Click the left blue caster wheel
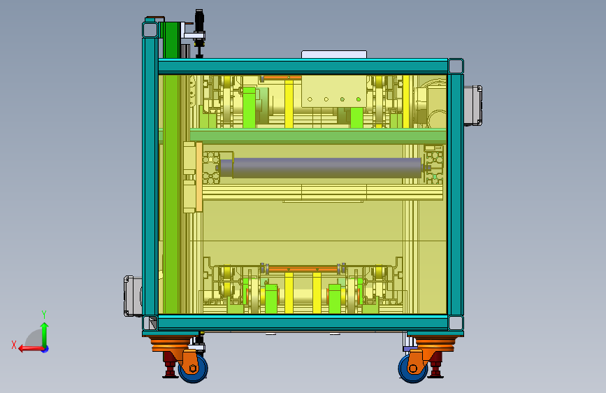point(193,368)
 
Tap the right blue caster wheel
point(412,368)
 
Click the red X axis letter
point(14,345)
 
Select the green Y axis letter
point(44,314)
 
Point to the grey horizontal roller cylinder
point(321,168)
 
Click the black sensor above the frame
point(199,33)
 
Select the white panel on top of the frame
point(334,55)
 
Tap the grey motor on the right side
point(472,106)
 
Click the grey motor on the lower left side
point(133,296)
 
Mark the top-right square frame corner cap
point(456,66)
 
